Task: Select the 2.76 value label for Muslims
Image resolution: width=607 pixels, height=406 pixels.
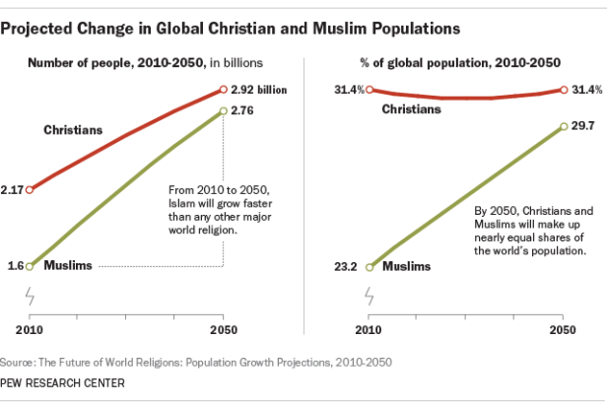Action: coord(245,111)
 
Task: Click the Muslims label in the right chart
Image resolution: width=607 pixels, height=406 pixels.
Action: coord(406,266)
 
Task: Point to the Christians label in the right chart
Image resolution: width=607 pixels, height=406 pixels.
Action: coord(411,108)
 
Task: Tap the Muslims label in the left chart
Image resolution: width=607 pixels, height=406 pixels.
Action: coord(67,266)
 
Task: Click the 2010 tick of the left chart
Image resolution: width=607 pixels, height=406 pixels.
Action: coord(30,326)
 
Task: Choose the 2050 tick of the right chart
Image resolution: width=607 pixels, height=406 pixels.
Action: coord(563,326)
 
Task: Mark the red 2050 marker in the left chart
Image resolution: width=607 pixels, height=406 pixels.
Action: coord(225,90)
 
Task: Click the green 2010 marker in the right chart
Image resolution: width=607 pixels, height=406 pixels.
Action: coord(369,266)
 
